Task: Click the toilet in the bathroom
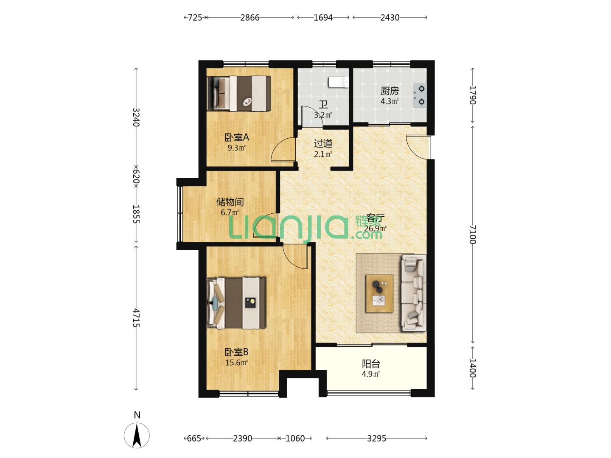click(x=338, y=82)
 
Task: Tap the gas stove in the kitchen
click(x=420, y=95)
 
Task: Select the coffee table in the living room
click(x=379, y=293)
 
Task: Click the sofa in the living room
click(x=413, y=293)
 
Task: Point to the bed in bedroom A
click(x=239, y=93)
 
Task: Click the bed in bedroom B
click(x=236, y=303)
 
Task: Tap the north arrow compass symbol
click(x=137, y=435)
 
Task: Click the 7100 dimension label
click(x=472, y=235)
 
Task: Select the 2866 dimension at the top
click(x=249, y=17)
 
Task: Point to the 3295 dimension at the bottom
click(x=376, y=438)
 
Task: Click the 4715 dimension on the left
click(x=136, y=318)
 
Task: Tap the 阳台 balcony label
click(x=371, y=363)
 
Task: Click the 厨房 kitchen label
click(x=390, y=91)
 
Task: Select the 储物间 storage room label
click(x=230, y=202)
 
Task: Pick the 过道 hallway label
click(x=323, y=143)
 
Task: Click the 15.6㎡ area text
click(x=236, y=363)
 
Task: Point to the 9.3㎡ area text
click(x=237, y=148)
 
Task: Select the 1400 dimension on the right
click(x=472, y=368)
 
